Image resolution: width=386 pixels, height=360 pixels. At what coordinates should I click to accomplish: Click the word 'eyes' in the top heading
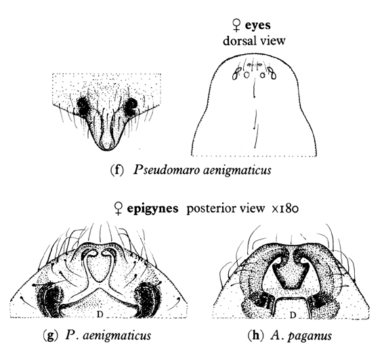coord(258,26)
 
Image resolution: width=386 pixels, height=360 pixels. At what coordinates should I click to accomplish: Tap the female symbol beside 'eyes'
coord(236,26)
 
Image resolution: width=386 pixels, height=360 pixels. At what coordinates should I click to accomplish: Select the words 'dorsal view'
coord(254,41)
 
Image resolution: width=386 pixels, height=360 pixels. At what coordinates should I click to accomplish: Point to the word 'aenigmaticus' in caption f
coord(237,171)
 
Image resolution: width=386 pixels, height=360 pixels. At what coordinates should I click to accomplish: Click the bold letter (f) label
coord(116,170)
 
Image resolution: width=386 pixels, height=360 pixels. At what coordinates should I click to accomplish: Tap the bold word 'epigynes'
coord(152,208)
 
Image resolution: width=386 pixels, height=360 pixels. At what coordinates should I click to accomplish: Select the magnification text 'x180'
coord(285,208)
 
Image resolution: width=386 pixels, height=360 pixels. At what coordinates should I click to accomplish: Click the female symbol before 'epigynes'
coord(119,208)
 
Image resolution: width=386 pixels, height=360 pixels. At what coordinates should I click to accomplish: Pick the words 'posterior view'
coord(226,208)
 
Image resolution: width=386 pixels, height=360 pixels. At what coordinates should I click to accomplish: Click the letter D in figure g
coord(100,314)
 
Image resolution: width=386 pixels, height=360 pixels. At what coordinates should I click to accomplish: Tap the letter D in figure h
coord(293,315)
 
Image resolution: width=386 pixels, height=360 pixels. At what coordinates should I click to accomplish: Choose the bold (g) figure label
coord(50,336)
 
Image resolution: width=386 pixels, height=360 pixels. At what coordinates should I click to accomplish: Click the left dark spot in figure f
coord(83,106)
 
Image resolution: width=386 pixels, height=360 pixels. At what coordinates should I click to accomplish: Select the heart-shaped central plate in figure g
coord(100,268)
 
